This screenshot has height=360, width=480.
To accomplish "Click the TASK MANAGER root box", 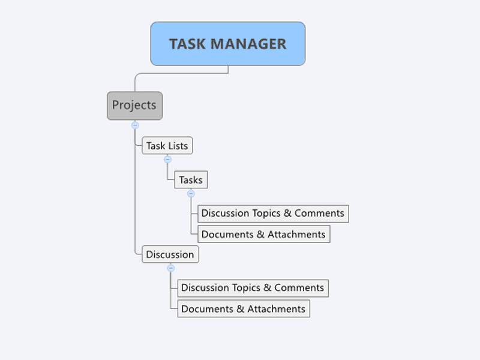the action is click(x=228, y=44).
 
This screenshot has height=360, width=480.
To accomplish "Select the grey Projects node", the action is click(x=134, y=106).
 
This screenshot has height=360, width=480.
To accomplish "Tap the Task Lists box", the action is click(x=167, y=145).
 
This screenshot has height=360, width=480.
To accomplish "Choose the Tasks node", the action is click(x=191, y=179).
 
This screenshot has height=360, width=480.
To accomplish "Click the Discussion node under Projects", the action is click(x=170, y=254).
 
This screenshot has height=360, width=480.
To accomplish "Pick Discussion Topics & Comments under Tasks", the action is click(x=273, y=214).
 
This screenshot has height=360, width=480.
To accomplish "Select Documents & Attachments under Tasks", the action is click(x=263, y=234).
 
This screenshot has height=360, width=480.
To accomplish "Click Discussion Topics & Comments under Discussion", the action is click(x=253, y=288).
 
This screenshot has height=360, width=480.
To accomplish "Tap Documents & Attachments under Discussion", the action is click(x=244, y=308).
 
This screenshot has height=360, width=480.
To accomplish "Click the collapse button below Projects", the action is click(x=135, y=125).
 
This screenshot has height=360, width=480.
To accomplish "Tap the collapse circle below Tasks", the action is click(x=191, y=193).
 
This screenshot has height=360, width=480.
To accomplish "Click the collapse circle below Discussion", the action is click(x=171, y=268).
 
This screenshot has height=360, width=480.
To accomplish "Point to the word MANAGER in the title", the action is click(x=248, y=44).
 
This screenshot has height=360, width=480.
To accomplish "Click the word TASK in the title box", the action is click(x=187, y=44).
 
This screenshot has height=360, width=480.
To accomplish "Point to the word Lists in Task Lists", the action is click(x=178, y=146).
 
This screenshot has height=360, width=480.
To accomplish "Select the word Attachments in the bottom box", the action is click(x=276, y=309).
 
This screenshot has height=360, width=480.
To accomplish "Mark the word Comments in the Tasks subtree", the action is click(x=319, y=213).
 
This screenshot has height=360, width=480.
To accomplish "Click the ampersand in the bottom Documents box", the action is click(x=241, y=309).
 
